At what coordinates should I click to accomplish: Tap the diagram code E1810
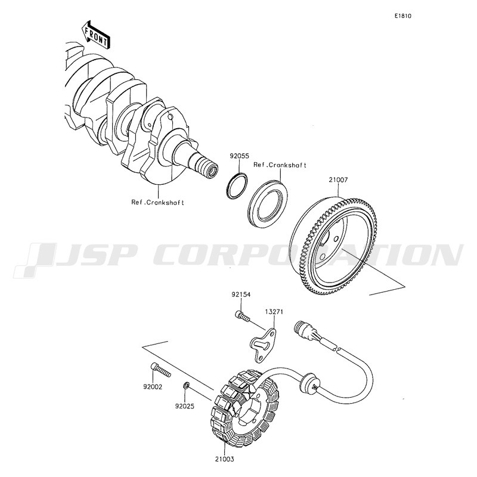(403, 16)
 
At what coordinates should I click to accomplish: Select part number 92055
(239, 156)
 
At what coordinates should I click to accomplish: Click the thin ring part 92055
(237, 186)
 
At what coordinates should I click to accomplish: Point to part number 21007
(338, 180)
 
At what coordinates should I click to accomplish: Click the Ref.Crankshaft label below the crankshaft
(157, 202)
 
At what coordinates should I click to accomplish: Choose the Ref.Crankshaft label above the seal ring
(280, 165)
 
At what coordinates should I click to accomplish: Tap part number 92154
(241, 295)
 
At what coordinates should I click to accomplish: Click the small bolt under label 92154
(242, 315)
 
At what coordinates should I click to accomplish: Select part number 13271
(274, 312)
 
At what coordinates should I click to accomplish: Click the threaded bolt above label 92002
(160, 370)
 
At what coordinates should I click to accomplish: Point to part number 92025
(184, 406)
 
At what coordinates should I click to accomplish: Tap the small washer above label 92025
(186, 386)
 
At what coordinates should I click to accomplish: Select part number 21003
(225, 459)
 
